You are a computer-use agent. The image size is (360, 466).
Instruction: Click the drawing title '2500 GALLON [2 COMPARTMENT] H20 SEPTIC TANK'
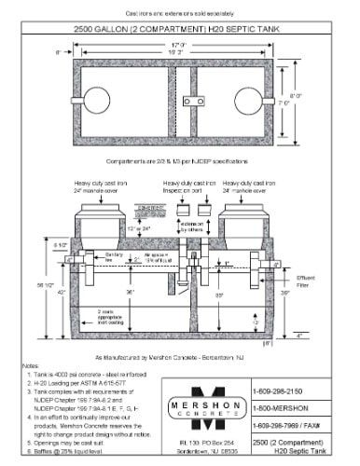tap(179, 30)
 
